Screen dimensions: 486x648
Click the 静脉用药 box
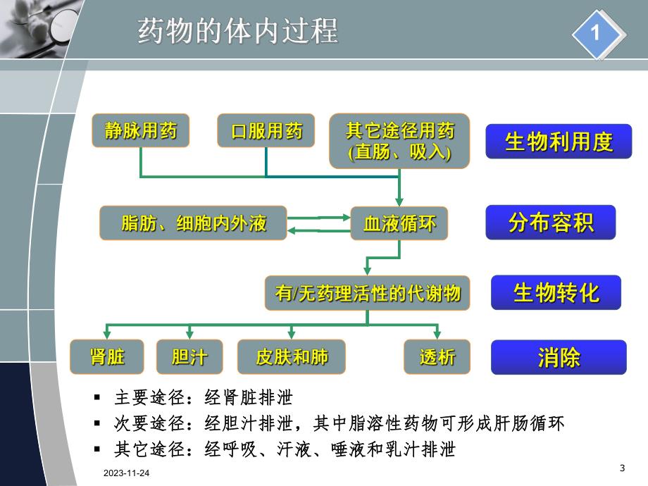click(x=141, y=131)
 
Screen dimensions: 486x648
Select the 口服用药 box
click(x=266, y=131)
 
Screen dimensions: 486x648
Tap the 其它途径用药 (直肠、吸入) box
click(x=399, y=141)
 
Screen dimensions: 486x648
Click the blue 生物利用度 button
click(x=559, y=142)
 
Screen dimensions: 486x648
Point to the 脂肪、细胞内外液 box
click(x=194, y=223)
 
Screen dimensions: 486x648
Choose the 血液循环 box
click(x=399, y=223)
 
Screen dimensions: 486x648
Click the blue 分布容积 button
click(x=551, y=223)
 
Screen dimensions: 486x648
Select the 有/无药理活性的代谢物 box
click(x=368, y=293)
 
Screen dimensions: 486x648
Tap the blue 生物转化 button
click(x=556, y=292)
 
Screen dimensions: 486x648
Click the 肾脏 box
click(x=107, y=356)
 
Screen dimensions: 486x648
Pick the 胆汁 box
click(x=189, y=356)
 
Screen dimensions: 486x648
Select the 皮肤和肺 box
click(x=292, y=356)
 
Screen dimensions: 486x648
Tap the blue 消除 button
click(x=559, y=357)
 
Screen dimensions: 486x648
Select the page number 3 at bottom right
click(x=622, y=468)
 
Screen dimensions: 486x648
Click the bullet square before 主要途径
click(x=98, y=398)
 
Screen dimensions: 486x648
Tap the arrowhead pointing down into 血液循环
click(x=399, y=202)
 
